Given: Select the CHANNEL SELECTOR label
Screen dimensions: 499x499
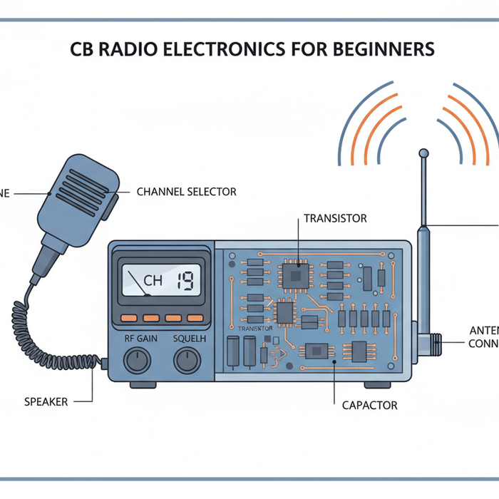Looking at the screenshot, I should pyautogui.click(x=186, y=192).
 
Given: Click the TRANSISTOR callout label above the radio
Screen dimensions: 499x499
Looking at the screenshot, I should pyautogui.click(x=335, y=218).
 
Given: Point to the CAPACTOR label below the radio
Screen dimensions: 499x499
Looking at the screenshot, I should pyautogui.click(x=369, y=405).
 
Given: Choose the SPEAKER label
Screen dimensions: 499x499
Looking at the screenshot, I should pyautogui.click(x=46, y=401).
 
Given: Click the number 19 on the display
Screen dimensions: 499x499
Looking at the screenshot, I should pyautogui.click(x=187, y=280).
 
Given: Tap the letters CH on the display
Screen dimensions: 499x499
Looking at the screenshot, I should pyautogui.click(x=153, y=281).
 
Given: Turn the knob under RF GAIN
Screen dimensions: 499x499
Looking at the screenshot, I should pyautogui.click(x=137, y=361).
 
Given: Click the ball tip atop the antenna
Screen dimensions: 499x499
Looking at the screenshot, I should pyautogui.click(x=423, y=153).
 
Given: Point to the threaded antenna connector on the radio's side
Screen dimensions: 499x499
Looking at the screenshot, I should pyautogui.click(x=433, y=345).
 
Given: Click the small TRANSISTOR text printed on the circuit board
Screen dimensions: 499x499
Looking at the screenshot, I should pyautogui.click(x=255, y=329).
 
